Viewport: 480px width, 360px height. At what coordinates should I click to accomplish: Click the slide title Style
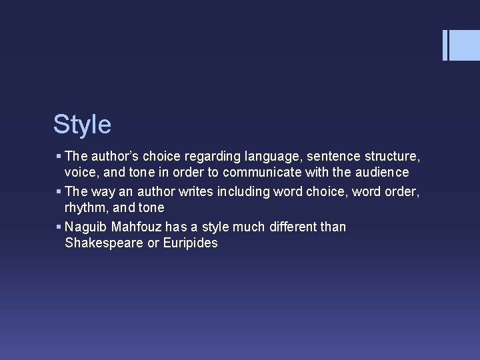pyautogui.click(x=82, y=124)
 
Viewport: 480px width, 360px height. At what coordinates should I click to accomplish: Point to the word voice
pyautogui.click(x=81, y=173)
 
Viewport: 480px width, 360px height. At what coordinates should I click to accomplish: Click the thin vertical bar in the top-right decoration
pyautogui.click(x=445, y=45)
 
